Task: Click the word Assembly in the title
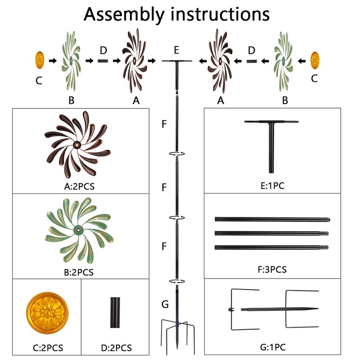pos(124,15)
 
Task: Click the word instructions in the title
pos(220,14)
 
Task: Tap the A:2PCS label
pos(79,186)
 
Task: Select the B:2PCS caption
pos(79,272)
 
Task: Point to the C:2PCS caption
pos(48,348)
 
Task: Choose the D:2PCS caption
pos(117,348)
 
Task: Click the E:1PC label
pos(273,186)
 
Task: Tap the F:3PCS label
pos(272,269)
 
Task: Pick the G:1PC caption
pos(273,347)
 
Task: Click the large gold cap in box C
pos(47,313)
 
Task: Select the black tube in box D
pos(115,312)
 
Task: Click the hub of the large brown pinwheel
pos(76,145)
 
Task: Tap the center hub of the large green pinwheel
pos(78,230)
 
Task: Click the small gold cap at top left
pos(40,60)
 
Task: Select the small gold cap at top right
pos(315,60)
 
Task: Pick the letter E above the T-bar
pos(176,50)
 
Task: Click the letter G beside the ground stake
pos(165,304)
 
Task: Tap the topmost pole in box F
pos(273,220)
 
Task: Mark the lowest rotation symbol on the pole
pos(177,281)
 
